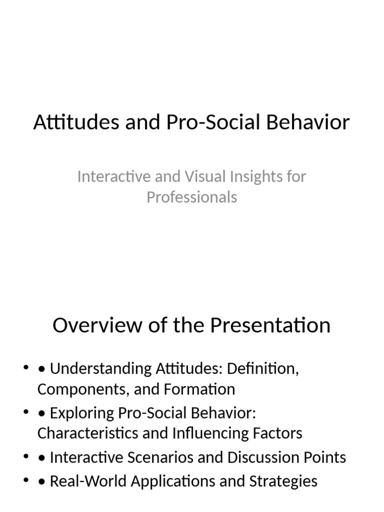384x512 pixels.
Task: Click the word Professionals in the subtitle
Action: pyautogui.click(x=191, y=197)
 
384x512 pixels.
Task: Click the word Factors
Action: pyautogui.click(x=279, y=433)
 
